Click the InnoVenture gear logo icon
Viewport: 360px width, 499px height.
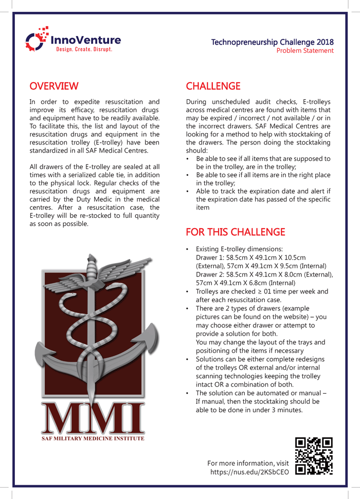37,40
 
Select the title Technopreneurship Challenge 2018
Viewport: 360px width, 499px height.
272,42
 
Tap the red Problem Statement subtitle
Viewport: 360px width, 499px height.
305,50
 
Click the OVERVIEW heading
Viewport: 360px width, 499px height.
54,85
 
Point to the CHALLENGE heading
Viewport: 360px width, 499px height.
213,85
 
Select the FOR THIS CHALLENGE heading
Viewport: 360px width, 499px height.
235,232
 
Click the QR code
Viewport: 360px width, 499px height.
314,456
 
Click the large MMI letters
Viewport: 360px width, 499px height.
93,419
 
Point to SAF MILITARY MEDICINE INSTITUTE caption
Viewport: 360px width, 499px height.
93,439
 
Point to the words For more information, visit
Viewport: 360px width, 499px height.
247,463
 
